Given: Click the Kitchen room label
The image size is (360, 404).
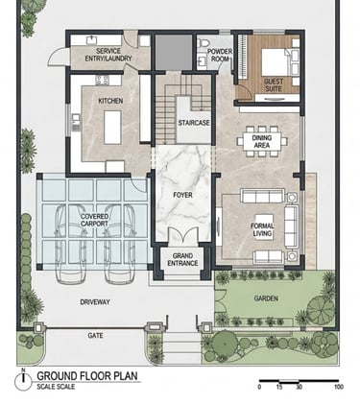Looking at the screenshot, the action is coord(110,101).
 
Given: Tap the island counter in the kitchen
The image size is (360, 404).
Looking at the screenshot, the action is coord(112,128).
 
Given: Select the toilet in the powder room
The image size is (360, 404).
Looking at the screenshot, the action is coord(203,42).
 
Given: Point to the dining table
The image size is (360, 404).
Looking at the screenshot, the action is coord(262,141).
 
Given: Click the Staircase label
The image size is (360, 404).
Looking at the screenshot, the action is coord(194,123).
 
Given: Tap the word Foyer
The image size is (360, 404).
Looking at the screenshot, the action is coord(182,195).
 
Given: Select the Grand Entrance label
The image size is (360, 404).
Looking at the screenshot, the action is coord(182,259).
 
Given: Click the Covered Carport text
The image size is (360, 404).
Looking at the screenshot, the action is coord(94,220).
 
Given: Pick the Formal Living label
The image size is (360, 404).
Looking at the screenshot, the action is coord(262,229).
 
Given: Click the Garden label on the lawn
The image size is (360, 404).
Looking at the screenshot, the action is coord(266,298).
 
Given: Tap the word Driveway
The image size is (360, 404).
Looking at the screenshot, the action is coord(95,301).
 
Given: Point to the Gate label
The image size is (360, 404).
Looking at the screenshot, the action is coord(95,336).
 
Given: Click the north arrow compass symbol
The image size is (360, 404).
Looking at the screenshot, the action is coord(23,381).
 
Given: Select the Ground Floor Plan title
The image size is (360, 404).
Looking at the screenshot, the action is coord(87,375).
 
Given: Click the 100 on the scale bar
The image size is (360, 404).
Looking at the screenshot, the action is coord(338,387).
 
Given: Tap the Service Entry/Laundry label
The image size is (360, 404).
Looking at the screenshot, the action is coord(108,55).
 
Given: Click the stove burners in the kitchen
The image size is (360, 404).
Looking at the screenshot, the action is coord(103,80).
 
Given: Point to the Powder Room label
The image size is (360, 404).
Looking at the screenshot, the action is coord(220,55).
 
